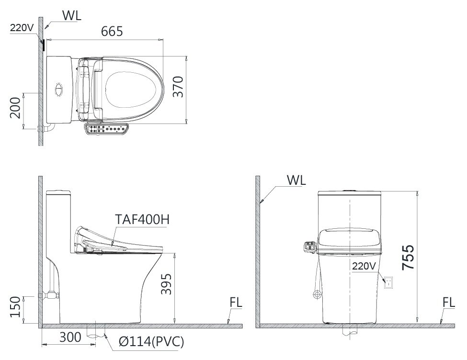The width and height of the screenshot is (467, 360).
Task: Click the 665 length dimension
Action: pos(112,31)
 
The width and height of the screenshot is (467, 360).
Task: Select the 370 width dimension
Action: pos(178,86)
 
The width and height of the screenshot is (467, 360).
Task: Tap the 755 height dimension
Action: pos(408,258)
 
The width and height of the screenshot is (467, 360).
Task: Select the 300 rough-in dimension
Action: pos(70,338)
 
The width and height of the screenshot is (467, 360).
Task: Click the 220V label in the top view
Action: pos(22,27)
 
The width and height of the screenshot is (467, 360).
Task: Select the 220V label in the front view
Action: pos(365,266)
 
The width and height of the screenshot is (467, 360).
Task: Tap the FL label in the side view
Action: pos(235,303)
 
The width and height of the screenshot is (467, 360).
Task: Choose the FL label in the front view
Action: pos(448,303)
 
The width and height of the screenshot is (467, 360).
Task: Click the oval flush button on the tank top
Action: pos(59,90)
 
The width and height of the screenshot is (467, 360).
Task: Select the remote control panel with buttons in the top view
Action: pos(106,129)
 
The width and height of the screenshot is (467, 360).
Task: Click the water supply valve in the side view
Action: pos(49,294)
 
